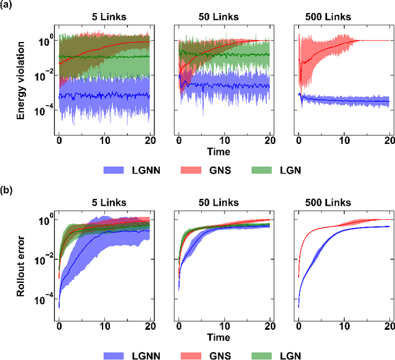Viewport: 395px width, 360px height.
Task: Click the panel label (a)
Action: [x=8, y=6]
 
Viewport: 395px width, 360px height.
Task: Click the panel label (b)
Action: [x=8, y=187]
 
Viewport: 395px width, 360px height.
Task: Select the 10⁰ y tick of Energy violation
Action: [x=43, y=40]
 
